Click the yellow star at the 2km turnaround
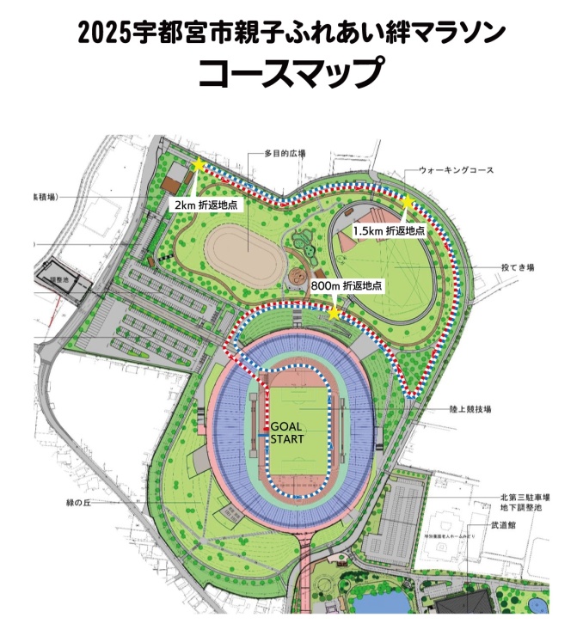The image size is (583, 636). (x=199, y=165)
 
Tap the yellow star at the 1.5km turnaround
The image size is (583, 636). (x=408, y=203)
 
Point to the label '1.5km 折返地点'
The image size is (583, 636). (x=390, y=231)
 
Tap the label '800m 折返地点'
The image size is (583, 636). (x=347, y=284)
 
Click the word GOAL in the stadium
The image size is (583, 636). (x=286, y=426)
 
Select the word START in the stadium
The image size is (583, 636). (x=287, y=440)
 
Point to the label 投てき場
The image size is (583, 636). (x=519, y=267)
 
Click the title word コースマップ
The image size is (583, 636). (x=290, y=73)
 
